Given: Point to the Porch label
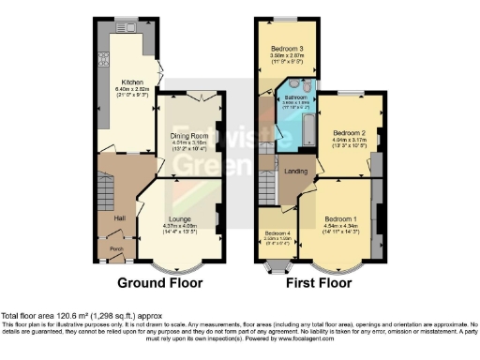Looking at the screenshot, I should [x=117, y=248].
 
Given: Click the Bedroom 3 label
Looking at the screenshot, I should [x=288, y=48].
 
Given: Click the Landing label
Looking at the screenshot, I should [x=297, y=171].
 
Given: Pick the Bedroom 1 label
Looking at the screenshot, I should [x=340, y=217].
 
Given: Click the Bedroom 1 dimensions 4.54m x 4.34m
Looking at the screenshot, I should [x=340, y=225].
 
